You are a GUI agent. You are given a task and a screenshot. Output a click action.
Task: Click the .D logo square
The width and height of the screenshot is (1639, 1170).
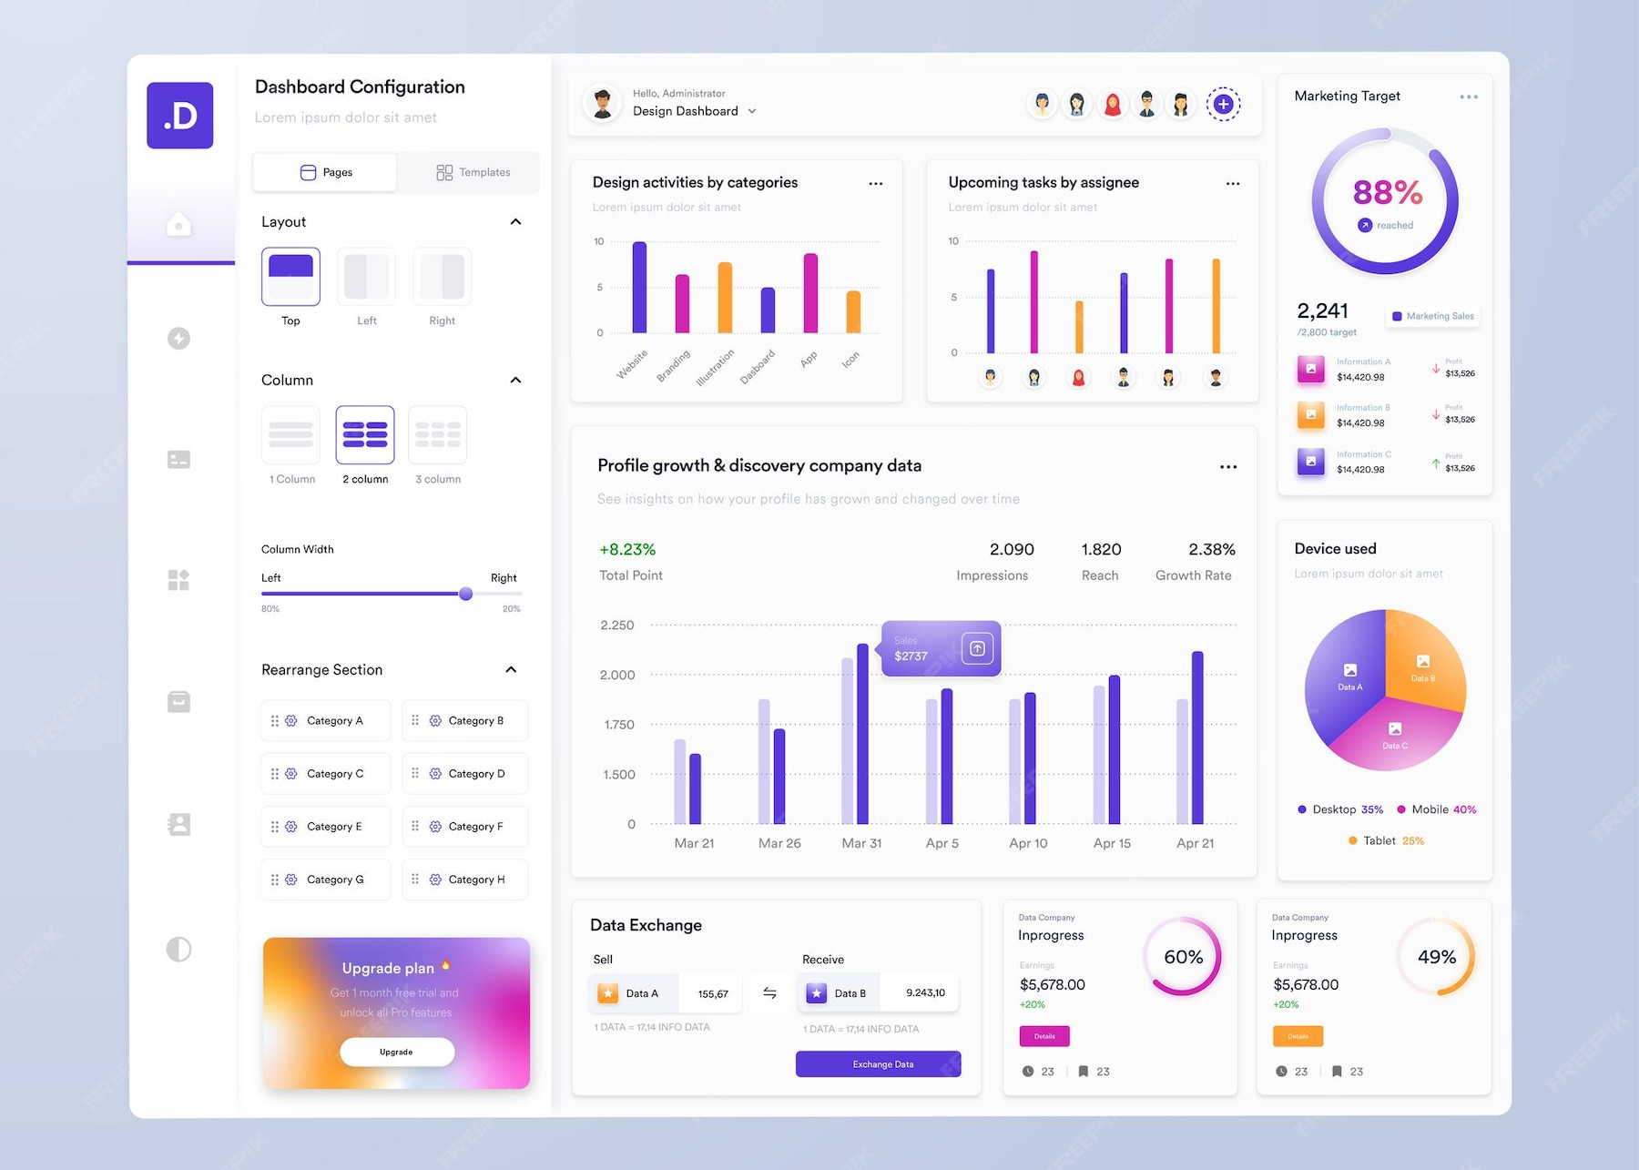(179, 116)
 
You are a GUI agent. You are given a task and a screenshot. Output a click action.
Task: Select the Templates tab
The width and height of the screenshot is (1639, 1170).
(473, 172)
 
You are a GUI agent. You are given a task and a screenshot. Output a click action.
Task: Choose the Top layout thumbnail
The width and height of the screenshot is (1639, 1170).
(290, 277)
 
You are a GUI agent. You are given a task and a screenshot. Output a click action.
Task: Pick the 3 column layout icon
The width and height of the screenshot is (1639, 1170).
(438, 435)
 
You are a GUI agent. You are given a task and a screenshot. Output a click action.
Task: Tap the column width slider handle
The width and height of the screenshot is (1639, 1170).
(465, 594)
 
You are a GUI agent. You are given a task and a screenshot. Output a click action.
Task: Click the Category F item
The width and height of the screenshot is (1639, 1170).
(465, 827)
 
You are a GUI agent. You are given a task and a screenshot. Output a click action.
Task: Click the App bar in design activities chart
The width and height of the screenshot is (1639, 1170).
(809, 293)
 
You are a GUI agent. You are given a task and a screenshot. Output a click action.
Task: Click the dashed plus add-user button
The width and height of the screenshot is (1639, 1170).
(1223, 105)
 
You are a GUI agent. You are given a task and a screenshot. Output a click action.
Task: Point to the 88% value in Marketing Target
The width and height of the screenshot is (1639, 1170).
(1387, 193)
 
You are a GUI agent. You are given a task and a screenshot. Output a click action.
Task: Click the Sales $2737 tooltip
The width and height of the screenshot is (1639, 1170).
(940, 648)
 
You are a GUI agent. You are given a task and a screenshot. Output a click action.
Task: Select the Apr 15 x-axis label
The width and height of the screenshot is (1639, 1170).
(1112, 843)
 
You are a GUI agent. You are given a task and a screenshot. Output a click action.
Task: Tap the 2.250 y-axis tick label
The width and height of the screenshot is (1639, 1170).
(616, 626)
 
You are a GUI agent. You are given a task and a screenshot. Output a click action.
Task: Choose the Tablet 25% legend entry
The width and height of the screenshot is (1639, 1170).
(1386, 840)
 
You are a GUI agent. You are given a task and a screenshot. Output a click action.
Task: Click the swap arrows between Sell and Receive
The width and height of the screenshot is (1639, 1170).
(769, 993)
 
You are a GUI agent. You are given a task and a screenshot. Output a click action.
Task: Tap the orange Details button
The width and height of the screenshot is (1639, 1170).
(1298, 1036)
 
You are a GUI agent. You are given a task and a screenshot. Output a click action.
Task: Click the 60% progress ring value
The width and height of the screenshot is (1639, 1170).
(1183, 957)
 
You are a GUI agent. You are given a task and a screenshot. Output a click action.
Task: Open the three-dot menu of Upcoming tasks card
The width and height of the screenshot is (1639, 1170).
(1232, 184)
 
